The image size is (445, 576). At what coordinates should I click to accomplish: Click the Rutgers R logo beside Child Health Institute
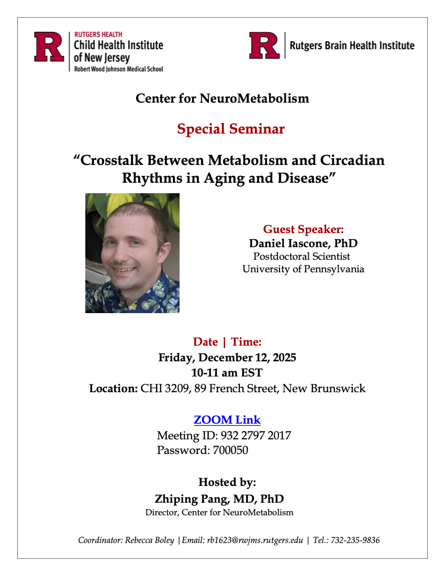tap(49, 47)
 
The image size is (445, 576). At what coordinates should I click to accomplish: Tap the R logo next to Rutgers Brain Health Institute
tap(264, 46)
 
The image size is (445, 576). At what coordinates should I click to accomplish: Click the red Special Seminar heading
tap(230, 129)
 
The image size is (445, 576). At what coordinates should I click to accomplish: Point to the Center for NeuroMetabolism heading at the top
tap(222, 98)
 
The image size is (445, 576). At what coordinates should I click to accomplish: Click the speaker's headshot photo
tap(132, 253)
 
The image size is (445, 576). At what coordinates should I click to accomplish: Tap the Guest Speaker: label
tap(303, 229)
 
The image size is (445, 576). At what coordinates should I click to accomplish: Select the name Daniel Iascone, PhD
tap(303, 243)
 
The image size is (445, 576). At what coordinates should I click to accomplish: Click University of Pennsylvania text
tap(303, 269)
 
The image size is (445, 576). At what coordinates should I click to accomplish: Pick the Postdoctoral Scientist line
tap(302, 257)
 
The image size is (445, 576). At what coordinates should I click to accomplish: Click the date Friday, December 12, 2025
tap(227, 358)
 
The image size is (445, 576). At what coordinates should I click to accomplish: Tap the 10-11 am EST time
tap(227, 373)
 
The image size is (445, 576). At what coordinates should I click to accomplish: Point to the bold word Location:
tap(113, 389)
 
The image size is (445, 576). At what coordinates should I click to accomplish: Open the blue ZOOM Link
tap(227, 420)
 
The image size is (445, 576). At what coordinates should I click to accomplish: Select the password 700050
tap(230, 450)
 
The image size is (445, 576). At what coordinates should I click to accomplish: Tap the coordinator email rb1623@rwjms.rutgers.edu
tap(253, 540)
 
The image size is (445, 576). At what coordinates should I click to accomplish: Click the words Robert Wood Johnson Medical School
tap(118, 69)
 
